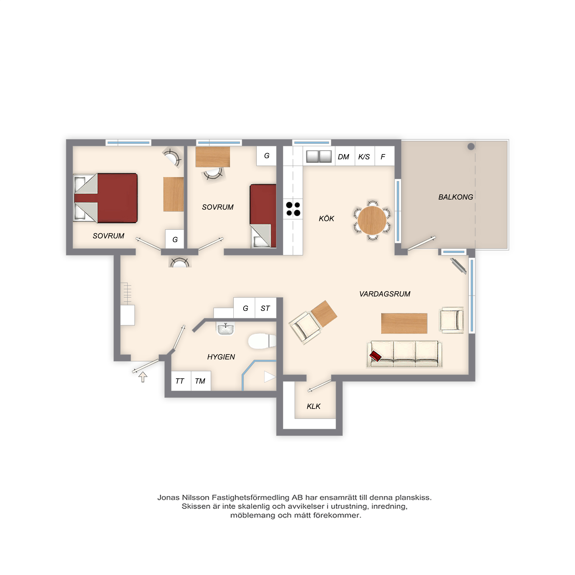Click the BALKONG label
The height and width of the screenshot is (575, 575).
pos(455,197)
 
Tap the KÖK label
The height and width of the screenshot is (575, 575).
pos(326,218)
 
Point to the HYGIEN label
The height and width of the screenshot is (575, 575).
pos(221,357)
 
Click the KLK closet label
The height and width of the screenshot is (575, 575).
pos(313,406)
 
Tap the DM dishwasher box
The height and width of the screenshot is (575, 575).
pos(345,156)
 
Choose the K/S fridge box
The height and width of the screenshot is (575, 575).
pos(365,156)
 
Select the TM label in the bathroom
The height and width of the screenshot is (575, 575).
pos(200,381)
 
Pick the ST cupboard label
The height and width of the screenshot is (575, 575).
pos(265,308)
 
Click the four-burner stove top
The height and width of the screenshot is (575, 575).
pos(293,209)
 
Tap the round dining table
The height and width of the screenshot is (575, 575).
pos(372,220)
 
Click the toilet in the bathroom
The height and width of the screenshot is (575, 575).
pos(262,341)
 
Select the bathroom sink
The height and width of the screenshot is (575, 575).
pos(225,329)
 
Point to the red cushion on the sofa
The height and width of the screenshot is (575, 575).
pos(375,356)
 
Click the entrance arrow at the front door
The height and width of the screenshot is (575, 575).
pos(143,377)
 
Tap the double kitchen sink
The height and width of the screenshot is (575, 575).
pos(319,156)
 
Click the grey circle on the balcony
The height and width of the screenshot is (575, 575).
pos(471,146)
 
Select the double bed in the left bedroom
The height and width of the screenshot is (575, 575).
pos(105,198)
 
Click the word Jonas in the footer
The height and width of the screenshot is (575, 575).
pos(168,498)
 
